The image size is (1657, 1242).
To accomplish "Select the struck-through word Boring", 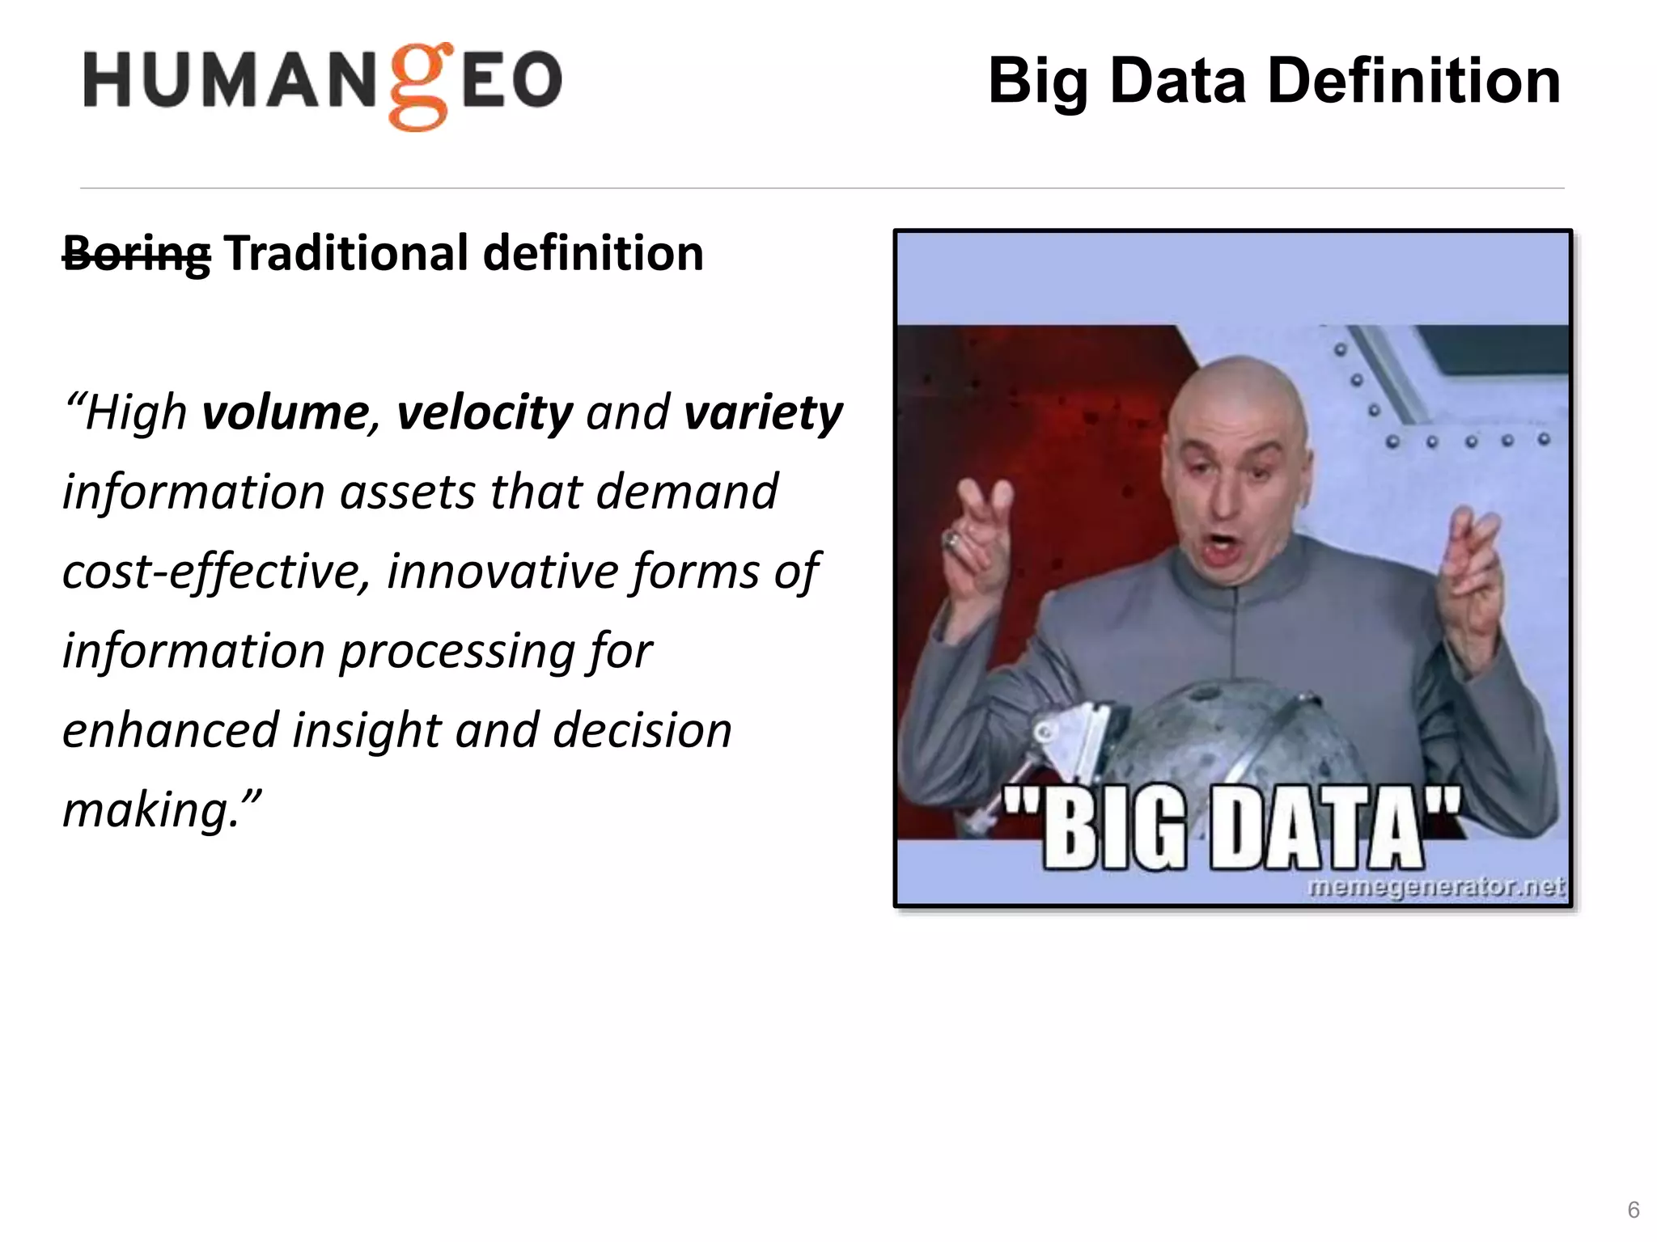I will (137, 254).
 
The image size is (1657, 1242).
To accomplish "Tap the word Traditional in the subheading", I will (346, 254).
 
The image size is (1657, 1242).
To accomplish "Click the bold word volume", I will (286, 413).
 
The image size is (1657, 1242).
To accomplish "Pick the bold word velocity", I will (484, 413).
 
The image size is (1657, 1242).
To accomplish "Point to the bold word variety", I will (762, 413).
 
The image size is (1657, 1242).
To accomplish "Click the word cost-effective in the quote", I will (215, 572).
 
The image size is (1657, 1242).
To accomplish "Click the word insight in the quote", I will (366, 731).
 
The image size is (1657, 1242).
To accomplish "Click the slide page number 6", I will (1633, 1210).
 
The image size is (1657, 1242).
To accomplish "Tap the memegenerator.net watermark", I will (1436, 887).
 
